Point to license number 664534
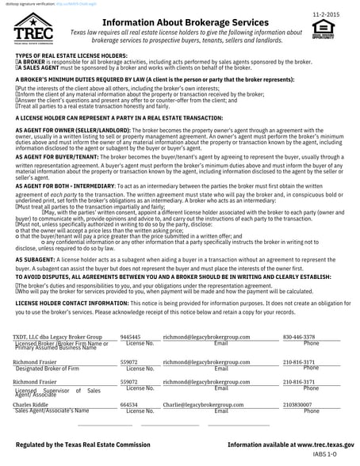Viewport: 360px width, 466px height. tap(128, 405)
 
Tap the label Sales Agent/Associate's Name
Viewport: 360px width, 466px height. tap(52, 411)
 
